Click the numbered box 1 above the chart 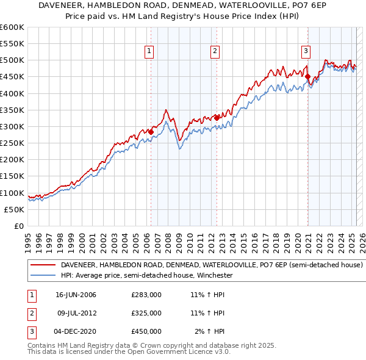click(149, 52)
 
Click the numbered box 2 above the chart click(215, 52)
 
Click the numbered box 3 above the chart click(306, 52)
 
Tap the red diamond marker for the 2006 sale click(151, 132)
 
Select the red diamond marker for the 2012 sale click(217, 118)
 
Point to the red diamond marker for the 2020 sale click(308, 77)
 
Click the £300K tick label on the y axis click(12, 126)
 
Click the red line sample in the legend click(42, 265)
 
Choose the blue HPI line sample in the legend click(42, 275)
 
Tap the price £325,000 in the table click(146, 313)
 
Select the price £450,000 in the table click(146, 331)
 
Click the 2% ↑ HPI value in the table click(210, 331)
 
